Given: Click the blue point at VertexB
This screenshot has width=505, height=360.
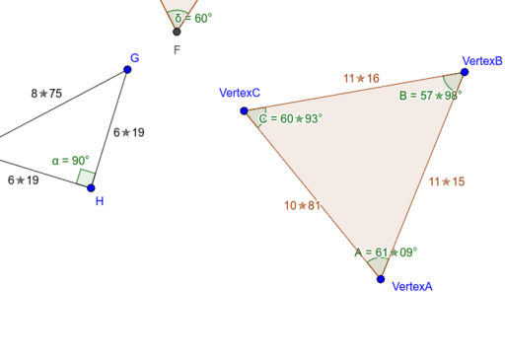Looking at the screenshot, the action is click(465, 72).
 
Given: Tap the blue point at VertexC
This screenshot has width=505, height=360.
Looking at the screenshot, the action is click(245, 110).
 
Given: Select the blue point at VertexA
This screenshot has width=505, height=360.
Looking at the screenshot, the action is click(381, 279).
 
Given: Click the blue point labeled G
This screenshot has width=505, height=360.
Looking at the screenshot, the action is click(127, 69).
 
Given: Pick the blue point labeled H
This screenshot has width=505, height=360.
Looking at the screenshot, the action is click(91, 187).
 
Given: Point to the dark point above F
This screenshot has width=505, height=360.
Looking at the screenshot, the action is click(177, 32).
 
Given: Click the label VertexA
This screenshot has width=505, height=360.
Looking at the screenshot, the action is click(412, 287).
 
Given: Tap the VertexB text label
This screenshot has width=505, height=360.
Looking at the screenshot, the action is click(482, 60).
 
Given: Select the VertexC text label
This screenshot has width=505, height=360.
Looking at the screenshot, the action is click(240, 93).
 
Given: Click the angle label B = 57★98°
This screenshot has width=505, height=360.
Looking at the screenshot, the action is click(430, 96).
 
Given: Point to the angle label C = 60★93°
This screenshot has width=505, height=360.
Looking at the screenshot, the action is click(291, 118).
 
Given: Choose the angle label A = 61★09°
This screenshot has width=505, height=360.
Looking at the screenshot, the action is click(386, 252).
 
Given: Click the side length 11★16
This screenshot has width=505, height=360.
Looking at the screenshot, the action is click(361, 78).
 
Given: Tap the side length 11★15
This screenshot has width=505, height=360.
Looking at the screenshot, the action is click(446, 181).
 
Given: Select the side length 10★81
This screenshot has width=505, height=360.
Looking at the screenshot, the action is click(302, 206).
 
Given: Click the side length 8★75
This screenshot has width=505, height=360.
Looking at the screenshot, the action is click(46, 94).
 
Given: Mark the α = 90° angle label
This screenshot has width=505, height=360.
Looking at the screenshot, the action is click(71, 160).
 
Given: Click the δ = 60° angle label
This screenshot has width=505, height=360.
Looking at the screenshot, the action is click(193, 18).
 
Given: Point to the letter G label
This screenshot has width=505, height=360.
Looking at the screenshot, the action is click(134, 58).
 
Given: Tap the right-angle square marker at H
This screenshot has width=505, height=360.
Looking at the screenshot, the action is click(86, 178).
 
